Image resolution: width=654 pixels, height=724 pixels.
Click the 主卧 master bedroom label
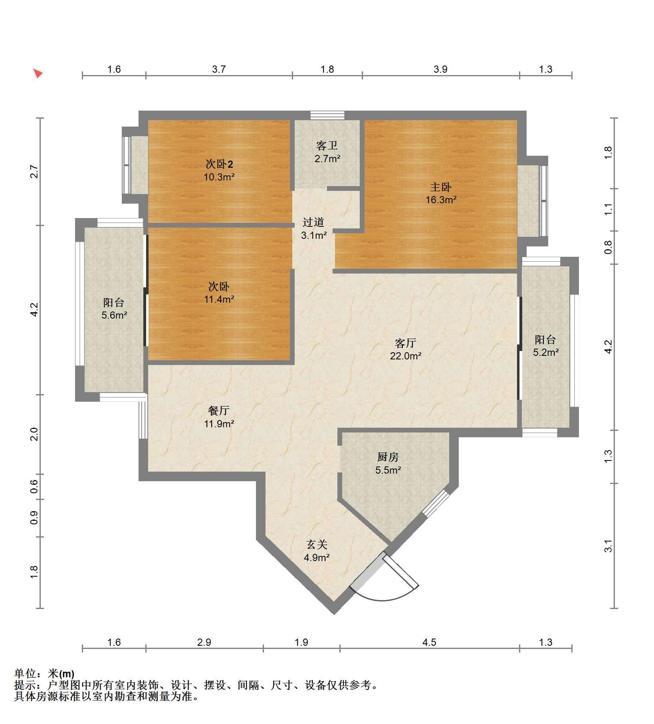click(441, 187)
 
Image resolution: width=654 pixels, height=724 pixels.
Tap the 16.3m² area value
click(441, 200)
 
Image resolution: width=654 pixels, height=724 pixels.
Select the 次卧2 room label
click(219, 164)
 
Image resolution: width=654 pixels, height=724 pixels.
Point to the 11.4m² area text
click(219, 299)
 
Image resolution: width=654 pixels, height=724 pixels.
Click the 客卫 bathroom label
click(327, 146)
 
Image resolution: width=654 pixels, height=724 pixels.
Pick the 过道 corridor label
click(313, 222)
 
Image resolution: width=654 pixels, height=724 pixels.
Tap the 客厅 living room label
click(406, 343)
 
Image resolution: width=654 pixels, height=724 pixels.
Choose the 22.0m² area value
click(406, 356)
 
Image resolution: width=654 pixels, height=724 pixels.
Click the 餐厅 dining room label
click(219, 411)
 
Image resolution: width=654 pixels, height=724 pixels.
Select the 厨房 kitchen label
click(388, 457)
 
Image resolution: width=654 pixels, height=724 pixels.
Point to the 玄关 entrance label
click(317, 545)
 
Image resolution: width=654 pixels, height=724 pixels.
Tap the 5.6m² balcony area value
click(114, 315)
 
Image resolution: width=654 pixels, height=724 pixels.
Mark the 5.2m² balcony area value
click(546, 352)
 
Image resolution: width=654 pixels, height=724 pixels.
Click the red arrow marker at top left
click(38, 73)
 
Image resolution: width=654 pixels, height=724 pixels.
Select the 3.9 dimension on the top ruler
click(440, 69)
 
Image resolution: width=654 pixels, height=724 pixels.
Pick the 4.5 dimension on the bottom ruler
click(429, 642)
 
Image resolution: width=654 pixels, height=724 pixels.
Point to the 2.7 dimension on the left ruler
click(35, 171)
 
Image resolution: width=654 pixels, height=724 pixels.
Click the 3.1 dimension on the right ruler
click(608, 546)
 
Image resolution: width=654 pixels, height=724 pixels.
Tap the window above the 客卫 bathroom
click(327, 115)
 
